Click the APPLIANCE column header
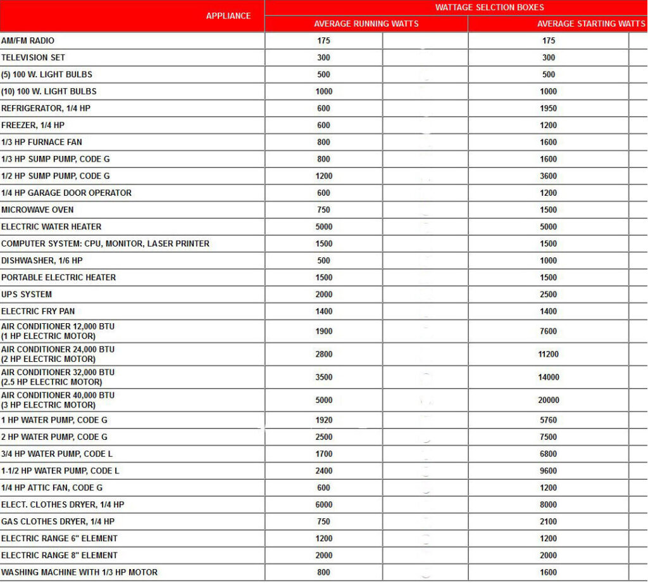tap(228, 16)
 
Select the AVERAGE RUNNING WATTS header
tap(366, 24)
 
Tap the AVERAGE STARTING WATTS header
tap(591, 24)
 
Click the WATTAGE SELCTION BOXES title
tap(490, 8)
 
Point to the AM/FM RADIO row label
tap(28, 41)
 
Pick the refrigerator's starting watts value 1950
tap(549, 108)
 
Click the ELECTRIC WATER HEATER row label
tap(51, 227)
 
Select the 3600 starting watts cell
tap(549, 176)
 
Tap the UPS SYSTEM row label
tap(27, 295)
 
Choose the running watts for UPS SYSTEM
tap(324, 295)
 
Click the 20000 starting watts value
tap(549, 400)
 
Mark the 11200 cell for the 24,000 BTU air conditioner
tap(549, 354)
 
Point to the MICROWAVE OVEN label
tap(37, 210)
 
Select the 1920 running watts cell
tap(324, 420)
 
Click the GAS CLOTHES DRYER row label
tap(58, 522)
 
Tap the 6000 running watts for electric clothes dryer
tap(324, 505)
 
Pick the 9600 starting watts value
tap(549, 471)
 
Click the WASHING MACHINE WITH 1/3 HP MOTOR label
tap(79, 572)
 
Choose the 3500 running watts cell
tap(324, 377)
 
